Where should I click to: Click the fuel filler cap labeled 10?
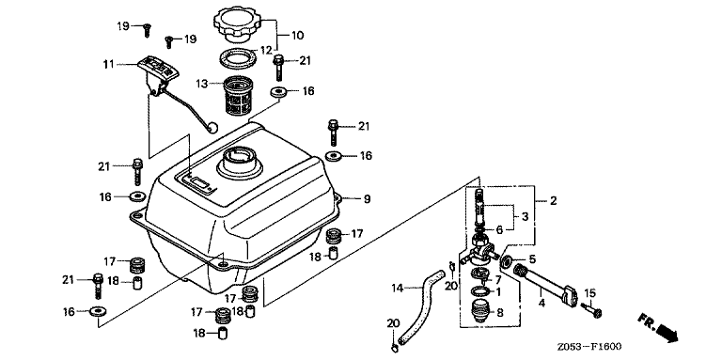pos(237,23)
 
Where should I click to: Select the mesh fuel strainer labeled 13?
pos(239,95)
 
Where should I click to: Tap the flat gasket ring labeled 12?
pos(237,59)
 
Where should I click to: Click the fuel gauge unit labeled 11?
pos(158,73)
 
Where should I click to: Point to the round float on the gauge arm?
pos(212,126)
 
